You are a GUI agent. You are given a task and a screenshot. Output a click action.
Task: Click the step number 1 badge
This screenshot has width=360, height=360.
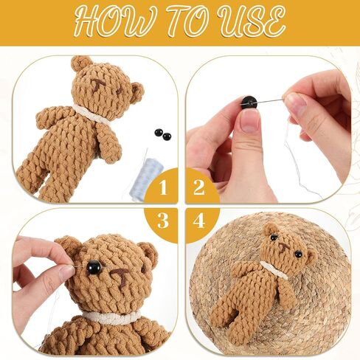(x=163, y=187)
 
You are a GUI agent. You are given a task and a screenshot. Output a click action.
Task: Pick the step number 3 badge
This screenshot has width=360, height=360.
(x=163, y=221)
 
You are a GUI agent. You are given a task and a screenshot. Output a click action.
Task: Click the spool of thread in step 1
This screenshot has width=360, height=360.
(x=147, y=178)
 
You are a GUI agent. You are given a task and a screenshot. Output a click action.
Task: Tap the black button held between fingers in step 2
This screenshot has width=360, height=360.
(x=249, y=103)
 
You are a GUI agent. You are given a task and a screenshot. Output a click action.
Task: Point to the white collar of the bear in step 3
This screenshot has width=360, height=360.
(x=111, y=317)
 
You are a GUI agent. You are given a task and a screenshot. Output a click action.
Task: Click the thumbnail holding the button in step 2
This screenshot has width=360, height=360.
(x=250, y=122)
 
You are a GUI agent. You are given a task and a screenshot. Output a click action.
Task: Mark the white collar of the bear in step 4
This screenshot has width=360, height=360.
(x=274, y=271)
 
